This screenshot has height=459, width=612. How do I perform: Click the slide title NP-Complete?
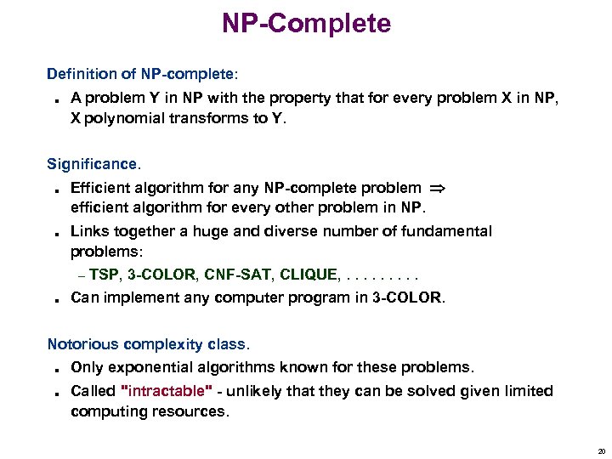pos(306,23)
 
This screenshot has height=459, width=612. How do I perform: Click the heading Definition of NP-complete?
pos(143,74)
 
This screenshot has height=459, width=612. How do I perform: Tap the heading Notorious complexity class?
pos(149,344)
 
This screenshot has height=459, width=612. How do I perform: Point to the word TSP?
pos(105,275)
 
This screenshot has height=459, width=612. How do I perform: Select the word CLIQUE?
pos(308,275)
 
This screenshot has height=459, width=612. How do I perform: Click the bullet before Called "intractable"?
pos(53,393)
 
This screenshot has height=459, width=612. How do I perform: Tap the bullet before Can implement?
pos(53,299)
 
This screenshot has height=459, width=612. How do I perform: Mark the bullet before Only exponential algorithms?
pos(53,370)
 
